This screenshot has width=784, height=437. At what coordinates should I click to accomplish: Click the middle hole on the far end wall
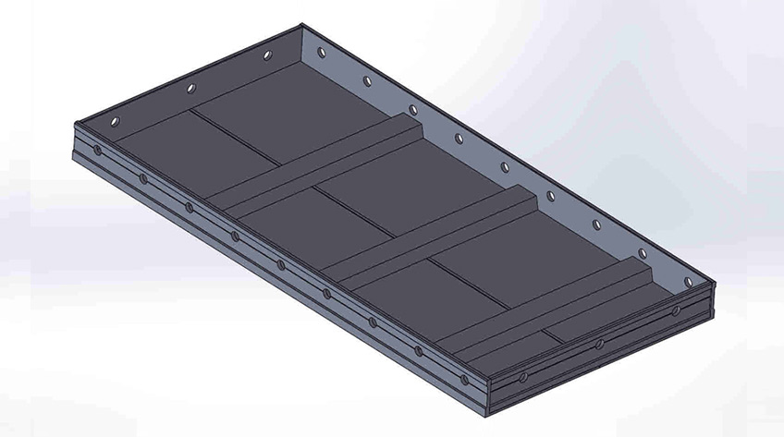click(191, 89)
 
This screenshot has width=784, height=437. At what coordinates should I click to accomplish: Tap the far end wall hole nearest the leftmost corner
click(115, 121)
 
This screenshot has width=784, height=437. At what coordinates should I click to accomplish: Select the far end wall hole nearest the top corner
click(267, 56)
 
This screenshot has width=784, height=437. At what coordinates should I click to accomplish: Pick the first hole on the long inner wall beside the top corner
click(322, 54)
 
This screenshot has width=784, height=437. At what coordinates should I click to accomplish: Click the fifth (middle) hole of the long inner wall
click(505, 167)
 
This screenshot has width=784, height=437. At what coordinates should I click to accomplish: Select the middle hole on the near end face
click(600, 345)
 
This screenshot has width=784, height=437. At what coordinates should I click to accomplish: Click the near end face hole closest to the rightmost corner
click(675, 310)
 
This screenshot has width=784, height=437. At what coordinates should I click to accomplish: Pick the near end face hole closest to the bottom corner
click(523, 378)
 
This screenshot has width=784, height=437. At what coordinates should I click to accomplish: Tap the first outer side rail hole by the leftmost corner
click(98, 149)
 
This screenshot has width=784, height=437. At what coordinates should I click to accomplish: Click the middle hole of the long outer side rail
click(281, 264)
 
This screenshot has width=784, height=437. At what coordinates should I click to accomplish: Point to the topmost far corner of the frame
click(303, 26)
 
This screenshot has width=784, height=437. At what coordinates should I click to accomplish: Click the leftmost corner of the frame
click(72, 125)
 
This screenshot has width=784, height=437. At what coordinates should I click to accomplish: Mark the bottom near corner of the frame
click(484, 411)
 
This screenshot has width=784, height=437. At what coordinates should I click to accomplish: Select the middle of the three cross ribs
click(435, 231)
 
